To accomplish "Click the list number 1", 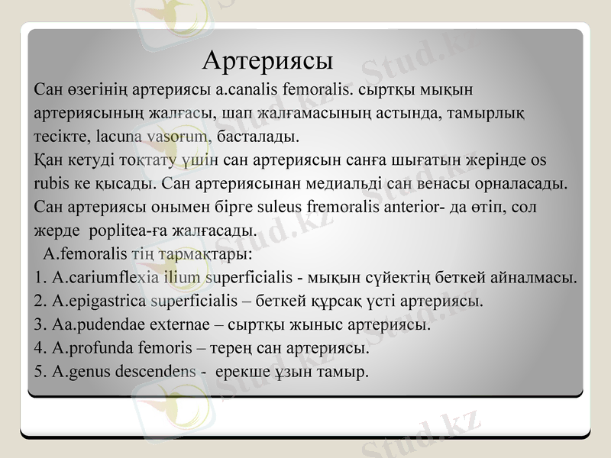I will [39, 276].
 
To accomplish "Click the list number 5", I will [39, 372].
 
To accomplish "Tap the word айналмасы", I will [536, 276].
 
